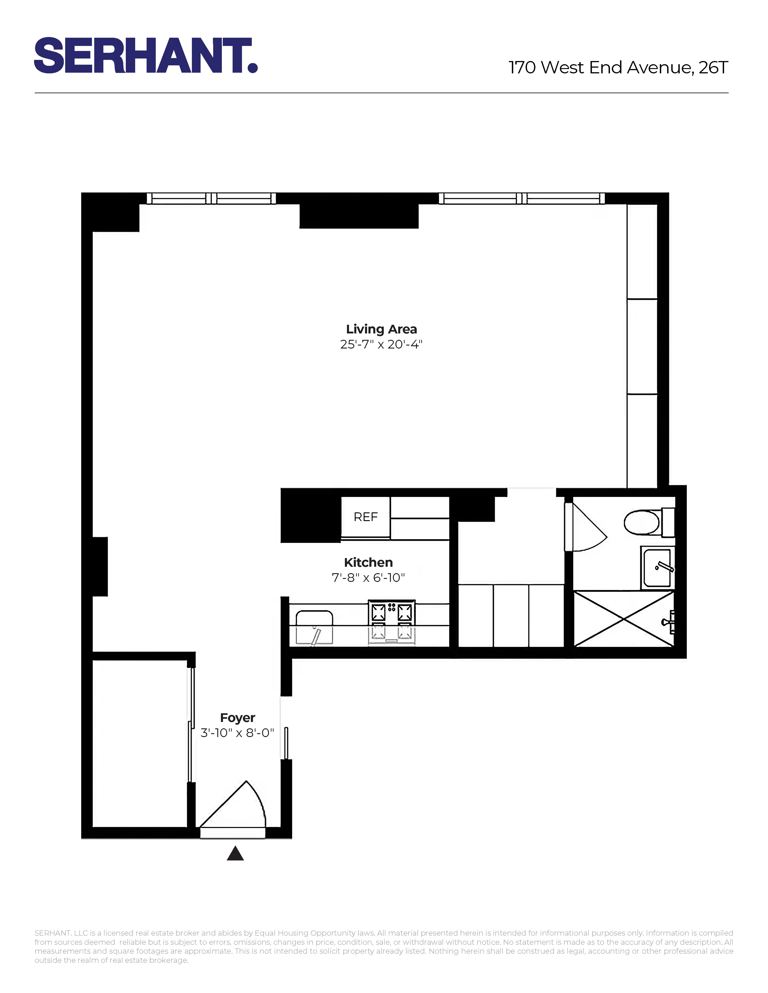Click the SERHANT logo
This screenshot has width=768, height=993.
(146, 56)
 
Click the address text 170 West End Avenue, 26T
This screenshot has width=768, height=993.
(618, 67)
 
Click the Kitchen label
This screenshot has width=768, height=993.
(368, 562)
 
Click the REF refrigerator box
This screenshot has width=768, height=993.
(365, 517)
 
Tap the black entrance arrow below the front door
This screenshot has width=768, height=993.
(235, 853)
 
